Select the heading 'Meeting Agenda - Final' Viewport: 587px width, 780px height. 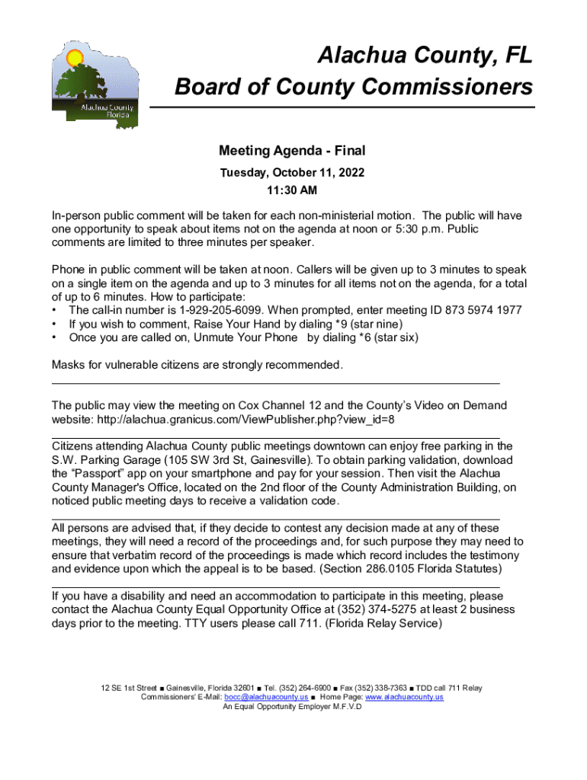click(x=292, y=151)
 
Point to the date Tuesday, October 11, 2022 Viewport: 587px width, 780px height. click(x=292, y=173)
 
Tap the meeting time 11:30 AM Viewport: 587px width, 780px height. click(x=292, y=190)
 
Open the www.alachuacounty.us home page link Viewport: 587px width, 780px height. click(x=404, y=697)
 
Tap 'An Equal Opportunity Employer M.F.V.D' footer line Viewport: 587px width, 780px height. click(x=292, y=706)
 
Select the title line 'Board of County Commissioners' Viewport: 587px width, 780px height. click(x=354, y=88)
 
